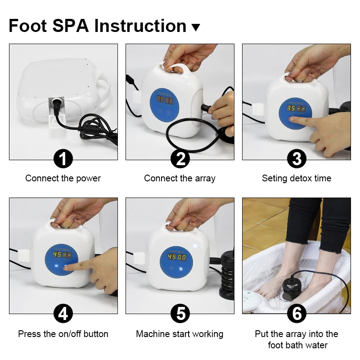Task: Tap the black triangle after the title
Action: [195, 27]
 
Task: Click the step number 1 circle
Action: [63, 159]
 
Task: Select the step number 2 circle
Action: [180, 159]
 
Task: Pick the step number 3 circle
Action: [297, 159]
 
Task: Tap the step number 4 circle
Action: [63, 313]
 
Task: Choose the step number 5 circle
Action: [180, 313]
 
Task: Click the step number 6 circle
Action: [297, 313]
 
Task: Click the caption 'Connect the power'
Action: [63, 178]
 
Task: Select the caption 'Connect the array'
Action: [180, 178]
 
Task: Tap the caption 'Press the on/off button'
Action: [63, 334]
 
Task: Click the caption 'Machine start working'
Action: [180, 334]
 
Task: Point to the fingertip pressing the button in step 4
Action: [67, 268]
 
